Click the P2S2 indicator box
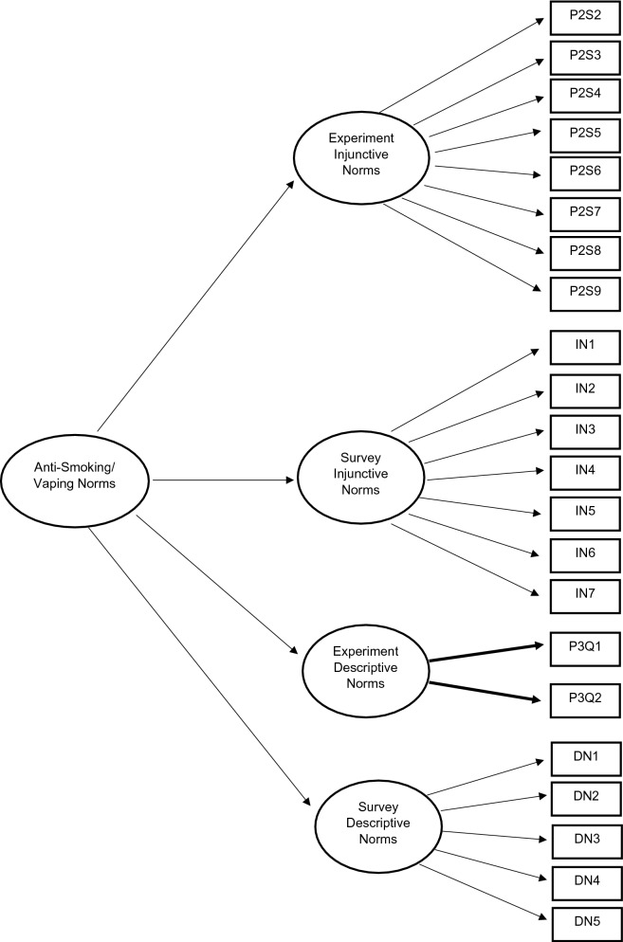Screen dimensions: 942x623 (585, 17)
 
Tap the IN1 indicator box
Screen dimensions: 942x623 (585, 346)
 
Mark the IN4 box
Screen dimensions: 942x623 (585, 471)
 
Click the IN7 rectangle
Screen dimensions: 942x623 (585, 594)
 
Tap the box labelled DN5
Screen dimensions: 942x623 (585, 922)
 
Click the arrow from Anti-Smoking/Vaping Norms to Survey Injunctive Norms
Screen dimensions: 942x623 (223, 481)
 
